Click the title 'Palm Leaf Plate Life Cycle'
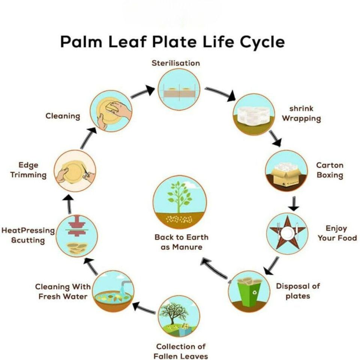coord(172,42)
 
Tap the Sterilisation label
coord(175,63)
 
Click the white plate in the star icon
coord(287,234)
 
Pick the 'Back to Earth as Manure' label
coord(181,242)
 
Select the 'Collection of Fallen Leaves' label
coord(181,351)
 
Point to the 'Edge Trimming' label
coord(28,170)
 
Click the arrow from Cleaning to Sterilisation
coord(143,92)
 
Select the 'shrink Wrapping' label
coord(301,114)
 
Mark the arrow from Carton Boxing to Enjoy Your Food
coord(294,203)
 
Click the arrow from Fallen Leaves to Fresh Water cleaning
coord(144,309)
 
